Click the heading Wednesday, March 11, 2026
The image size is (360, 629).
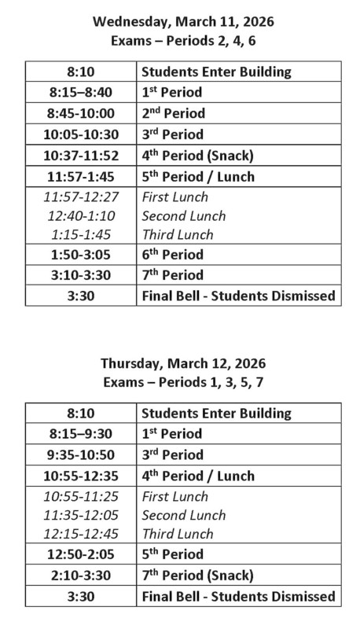pos(182,21)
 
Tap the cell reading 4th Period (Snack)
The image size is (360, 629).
pos(195,154)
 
